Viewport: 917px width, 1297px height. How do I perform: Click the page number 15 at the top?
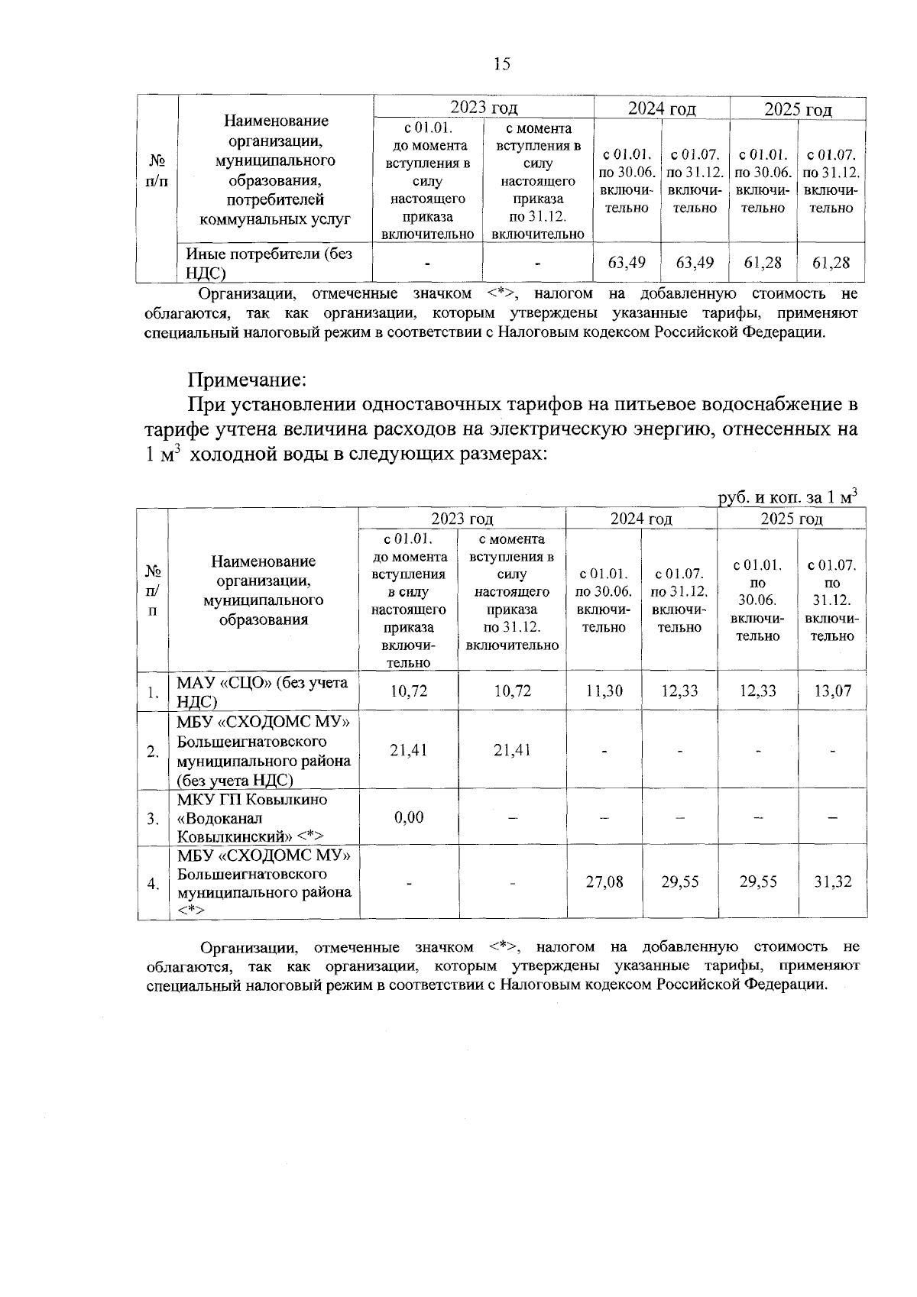click(x=501, y=64)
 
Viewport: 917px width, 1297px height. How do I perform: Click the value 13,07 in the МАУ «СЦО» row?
click(x=832, y=691)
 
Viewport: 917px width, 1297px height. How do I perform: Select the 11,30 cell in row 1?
click(x=604, y=691)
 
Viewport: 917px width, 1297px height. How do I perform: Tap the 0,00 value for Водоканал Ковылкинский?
click(x=409, y=817)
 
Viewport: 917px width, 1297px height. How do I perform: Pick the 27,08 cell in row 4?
click(x=604, y=882)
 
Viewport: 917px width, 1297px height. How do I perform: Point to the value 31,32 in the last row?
click(x=832, y=882)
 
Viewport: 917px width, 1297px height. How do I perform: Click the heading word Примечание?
click(x=248, y=379)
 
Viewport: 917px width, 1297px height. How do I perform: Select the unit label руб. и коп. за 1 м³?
click(x=788, y=497)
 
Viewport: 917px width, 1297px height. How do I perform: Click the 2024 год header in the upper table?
click(x=662, y=109)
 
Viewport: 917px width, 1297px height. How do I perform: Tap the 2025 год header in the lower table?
click(x=792, y=519)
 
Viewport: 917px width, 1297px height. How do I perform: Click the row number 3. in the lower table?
click(x=153, y=819)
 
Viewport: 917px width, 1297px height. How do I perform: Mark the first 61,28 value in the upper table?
click(x=763, y=263)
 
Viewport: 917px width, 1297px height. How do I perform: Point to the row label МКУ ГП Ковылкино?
click(x=252, y=800)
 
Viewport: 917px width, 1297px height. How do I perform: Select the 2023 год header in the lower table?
click(x=462, y=519)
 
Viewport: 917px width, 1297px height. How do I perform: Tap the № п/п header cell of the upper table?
click(x=157, y=171)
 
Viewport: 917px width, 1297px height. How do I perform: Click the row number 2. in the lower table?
click(x=153, y=751)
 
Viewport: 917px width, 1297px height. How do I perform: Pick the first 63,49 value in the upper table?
click(x=627, y=263)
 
